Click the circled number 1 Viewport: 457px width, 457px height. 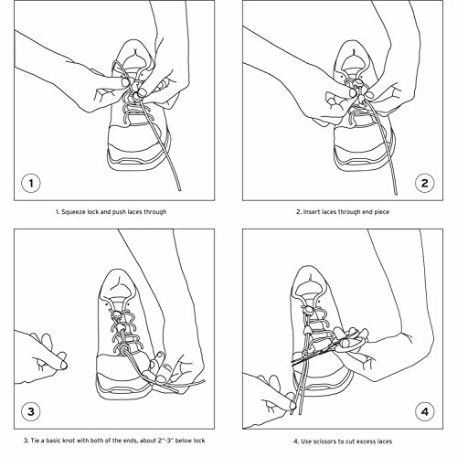click(x=31, y=183)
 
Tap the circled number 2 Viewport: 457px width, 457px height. click(x=425, y=183)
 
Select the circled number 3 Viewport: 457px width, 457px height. click(x=31, y=411)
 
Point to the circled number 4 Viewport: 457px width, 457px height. click(x=425, y=411)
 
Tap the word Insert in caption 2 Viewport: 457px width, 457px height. click(x=311, y=212)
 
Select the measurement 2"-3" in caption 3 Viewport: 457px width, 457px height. click(x=165, y=441)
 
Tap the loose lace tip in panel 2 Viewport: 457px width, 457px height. click(x=395, y=192)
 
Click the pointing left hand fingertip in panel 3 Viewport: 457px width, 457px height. click(x=64, y=365)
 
